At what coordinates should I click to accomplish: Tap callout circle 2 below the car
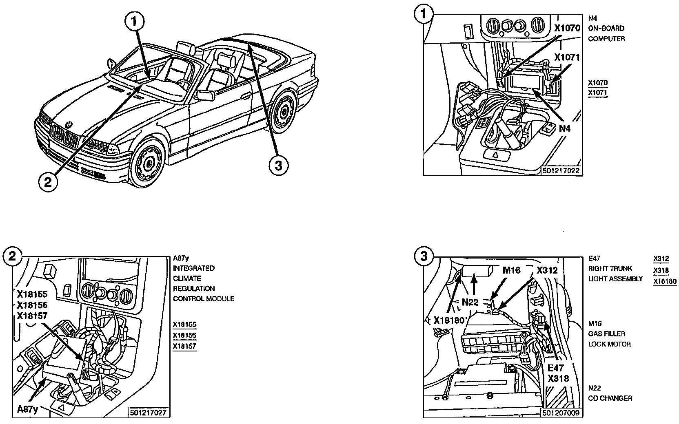pos(48,182)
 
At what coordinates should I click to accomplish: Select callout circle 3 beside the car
pos(279,166)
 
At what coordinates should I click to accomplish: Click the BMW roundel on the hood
pos(69,123)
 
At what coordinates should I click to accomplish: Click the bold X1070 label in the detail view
pos(567,28)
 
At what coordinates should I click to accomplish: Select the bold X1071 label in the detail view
pos(566,57)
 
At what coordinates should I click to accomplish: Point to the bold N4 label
pos(564,128)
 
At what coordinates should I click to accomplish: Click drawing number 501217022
pos(561,171)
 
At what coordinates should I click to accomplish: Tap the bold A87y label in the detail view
pos(27,409)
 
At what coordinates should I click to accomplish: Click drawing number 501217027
pos(148,413)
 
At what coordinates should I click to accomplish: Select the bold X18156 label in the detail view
pos(32,305)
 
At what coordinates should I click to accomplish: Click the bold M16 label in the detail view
pos(511,270)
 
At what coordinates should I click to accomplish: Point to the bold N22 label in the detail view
pos(470,302)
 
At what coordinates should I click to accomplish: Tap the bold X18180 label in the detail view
pos(449,320)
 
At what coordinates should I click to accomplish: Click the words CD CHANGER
pos(610,398)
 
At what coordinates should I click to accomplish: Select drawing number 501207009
pos(561,413)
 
